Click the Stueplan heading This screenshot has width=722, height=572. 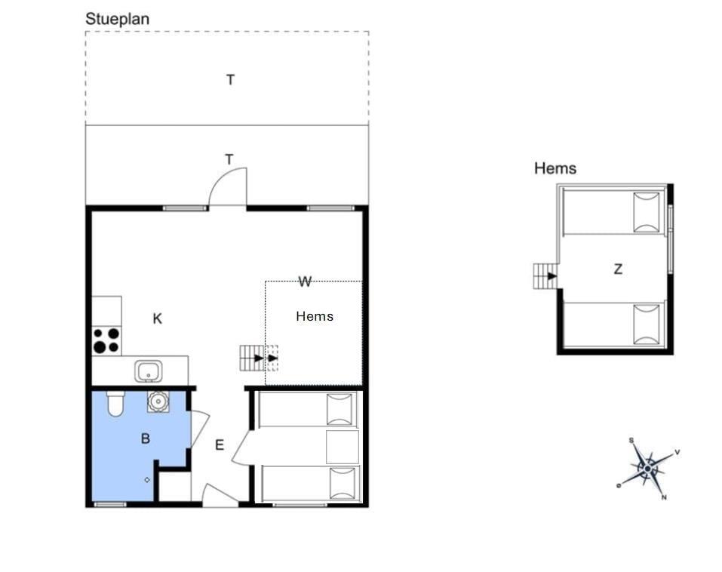(x=118, y=20)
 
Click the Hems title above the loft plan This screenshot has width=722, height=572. (x=555, y=168)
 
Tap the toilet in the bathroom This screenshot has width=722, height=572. (x=115, y=404)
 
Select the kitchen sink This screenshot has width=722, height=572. (x=149, y=372)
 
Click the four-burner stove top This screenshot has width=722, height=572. (x=107, y=340)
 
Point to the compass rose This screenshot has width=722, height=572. (x=648, y=469)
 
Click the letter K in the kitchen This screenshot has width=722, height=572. (x=158, y=318)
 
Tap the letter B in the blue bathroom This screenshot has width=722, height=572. (x=146, y=439)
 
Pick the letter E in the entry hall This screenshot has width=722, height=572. (x=220, y=445)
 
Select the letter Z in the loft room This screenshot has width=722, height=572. (x=618, y=269)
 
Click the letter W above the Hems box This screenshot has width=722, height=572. (x=305, y=281)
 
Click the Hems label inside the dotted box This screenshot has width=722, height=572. (x=315, y=316)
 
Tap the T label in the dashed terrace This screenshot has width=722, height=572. (x=230, y=80)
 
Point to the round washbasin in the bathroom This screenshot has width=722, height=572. (x=158, y=402)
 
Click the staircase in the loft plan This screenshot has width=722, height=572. (x=545, y=276)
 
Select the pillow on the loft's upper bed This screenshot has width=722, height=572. (x=647, y=212)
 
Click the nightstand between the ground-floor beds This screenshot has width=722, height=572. (x=342, y=447)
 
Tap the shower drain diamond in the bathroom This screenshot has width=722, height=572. (x=147, y=480)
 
